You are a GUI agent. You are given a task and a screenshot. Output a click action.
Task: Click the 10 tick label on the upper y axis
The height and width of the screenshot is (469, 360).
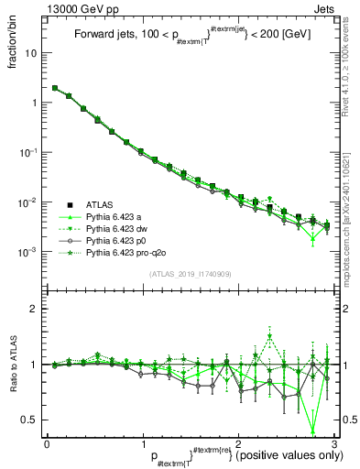30,53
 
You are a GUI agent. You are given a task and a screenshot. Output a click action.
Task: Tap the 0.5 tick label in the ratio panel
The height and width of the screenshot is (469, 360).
29,420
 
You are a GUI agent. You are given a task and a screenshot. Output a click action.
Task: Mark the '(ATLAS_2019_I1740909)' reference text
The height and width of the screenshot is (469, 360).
189,274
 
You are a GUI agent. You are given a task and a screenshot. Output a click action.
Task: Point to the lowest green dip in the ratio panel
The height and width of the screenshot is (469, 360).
313,431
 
